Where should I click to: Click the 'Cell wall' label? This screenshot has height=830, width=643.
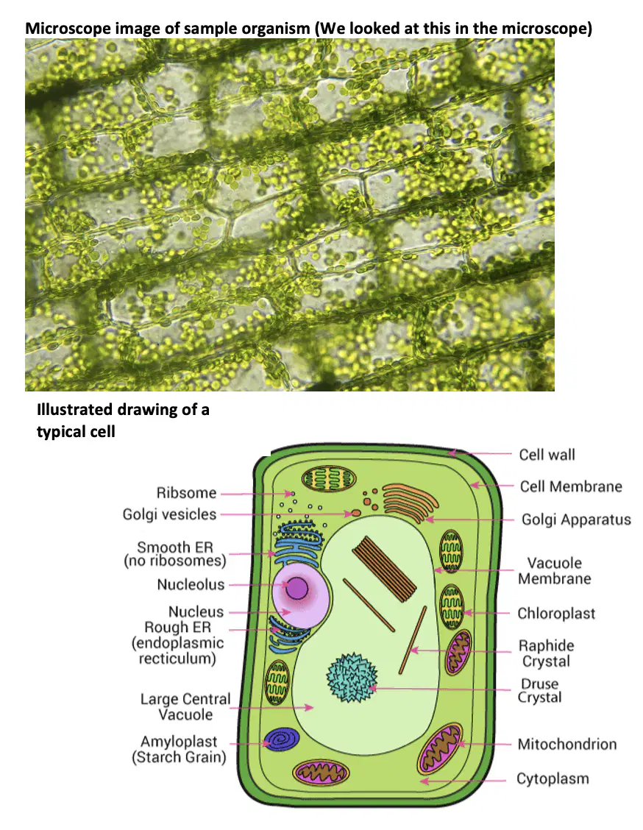tap(547, 455)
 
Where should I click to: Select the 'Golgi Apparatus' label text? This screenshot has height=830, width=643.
tap(576, 519)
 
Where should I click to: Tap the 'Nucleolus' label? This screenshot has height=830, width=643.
tap(191, 584)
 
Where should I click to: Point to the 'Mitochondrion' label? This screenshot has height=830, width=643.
tap(567, 744)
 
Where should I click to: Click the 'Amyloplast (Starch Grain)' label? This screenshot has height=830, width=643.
tap(179, 749)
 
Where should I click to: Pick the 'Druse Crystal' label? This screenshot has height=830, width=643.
tap(540, 690)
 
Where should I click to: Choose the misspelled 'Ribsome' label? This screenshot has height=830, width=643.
tap(186, 493)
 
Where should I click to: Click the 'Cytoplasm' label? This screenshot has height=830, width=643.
tap(553, 779)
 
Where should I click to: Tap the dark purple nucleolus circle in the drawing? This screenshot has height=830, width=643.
tap(297, 588)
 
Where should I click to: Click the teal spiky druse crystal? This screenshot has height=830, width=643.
tap(352, 678)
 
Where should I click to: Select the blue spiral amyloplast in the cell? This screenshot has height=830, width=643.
tap(282, 739)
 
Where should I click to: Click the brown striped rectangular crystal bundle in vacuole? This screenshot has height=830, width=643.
tap(385, 569)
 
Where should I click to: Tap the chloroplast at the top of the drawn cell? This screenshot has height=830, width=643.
tap(329, 478)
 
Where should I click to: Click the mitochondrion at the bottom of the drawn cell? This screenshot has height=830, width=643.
tap(321, 773)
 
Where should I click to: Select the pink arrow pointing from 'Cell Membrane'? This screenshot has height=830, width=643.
tap(491, 486)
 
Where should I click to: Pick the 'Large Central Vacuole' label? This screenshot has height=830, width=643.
tap(185, 706)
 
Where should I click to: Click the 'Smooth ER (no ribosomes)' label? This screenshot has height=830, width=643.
tap(174, 553)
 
